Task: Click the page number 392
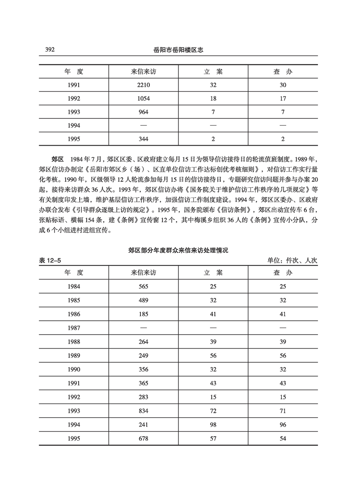point(50,50)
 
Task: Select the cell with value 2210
point(143,84)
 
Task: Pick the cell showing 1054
point(143,98)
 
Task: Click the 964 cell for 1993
point(143,112)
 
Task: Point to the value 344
point(143,139)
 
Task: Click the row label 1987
point(74,327)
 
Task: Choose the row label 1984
point(74,286)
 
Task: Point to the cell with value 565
point(143,286)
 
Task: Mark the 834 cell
point(143,411)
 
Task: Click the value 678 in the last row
point(143,438)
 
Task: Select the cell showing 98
point(213,424)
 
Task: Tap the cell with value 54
point(283,438)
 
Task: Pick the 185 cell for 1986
point(143,314)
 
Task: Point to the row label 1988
point(74,342)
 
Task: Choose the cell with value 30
point(283,84)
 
